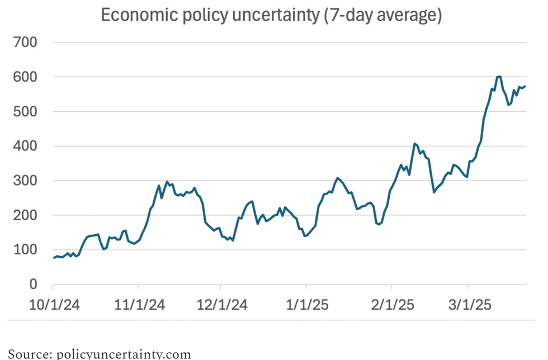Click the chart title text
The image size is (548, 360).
tap(271, 16)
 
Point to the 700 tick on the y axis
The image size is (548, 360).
tap(25, 42)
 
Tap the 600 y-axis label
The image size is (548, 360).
tap(25, 77)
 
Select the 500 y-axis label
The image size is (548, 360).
tap(25, 111)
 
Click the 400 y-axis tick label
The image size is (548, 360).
tap(25, 146)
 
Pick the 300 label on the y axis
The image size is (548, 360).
tap(25, 181)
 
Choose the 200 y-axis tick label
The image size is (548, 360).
tap(25, 215)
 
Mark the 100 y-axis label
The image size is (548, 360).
tap(25, 249)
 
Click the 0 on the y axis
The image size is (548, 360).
tap(33, 284)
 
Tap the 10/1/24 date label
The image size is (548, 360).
tap(54, 305)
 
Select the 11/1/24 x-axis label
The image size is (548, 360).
tap(139, 305)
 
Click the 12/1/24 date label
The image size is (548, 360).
tap(222, 305)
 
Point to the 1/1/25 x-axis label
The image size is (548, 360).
tap(307, 305)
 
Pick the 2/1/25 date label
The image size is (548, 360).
tap(393, 305)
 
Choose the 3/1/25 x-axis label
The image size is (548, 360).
tap(470, 305)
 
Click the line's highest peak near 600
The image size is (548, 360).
tap(499, 77)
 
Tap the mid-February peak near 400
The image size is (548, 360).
tap(414, 144)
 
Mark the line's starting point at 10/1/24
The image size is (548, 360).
tap(54, 258)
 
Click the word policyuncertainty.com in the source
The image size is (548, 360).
tap(124, 354)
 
